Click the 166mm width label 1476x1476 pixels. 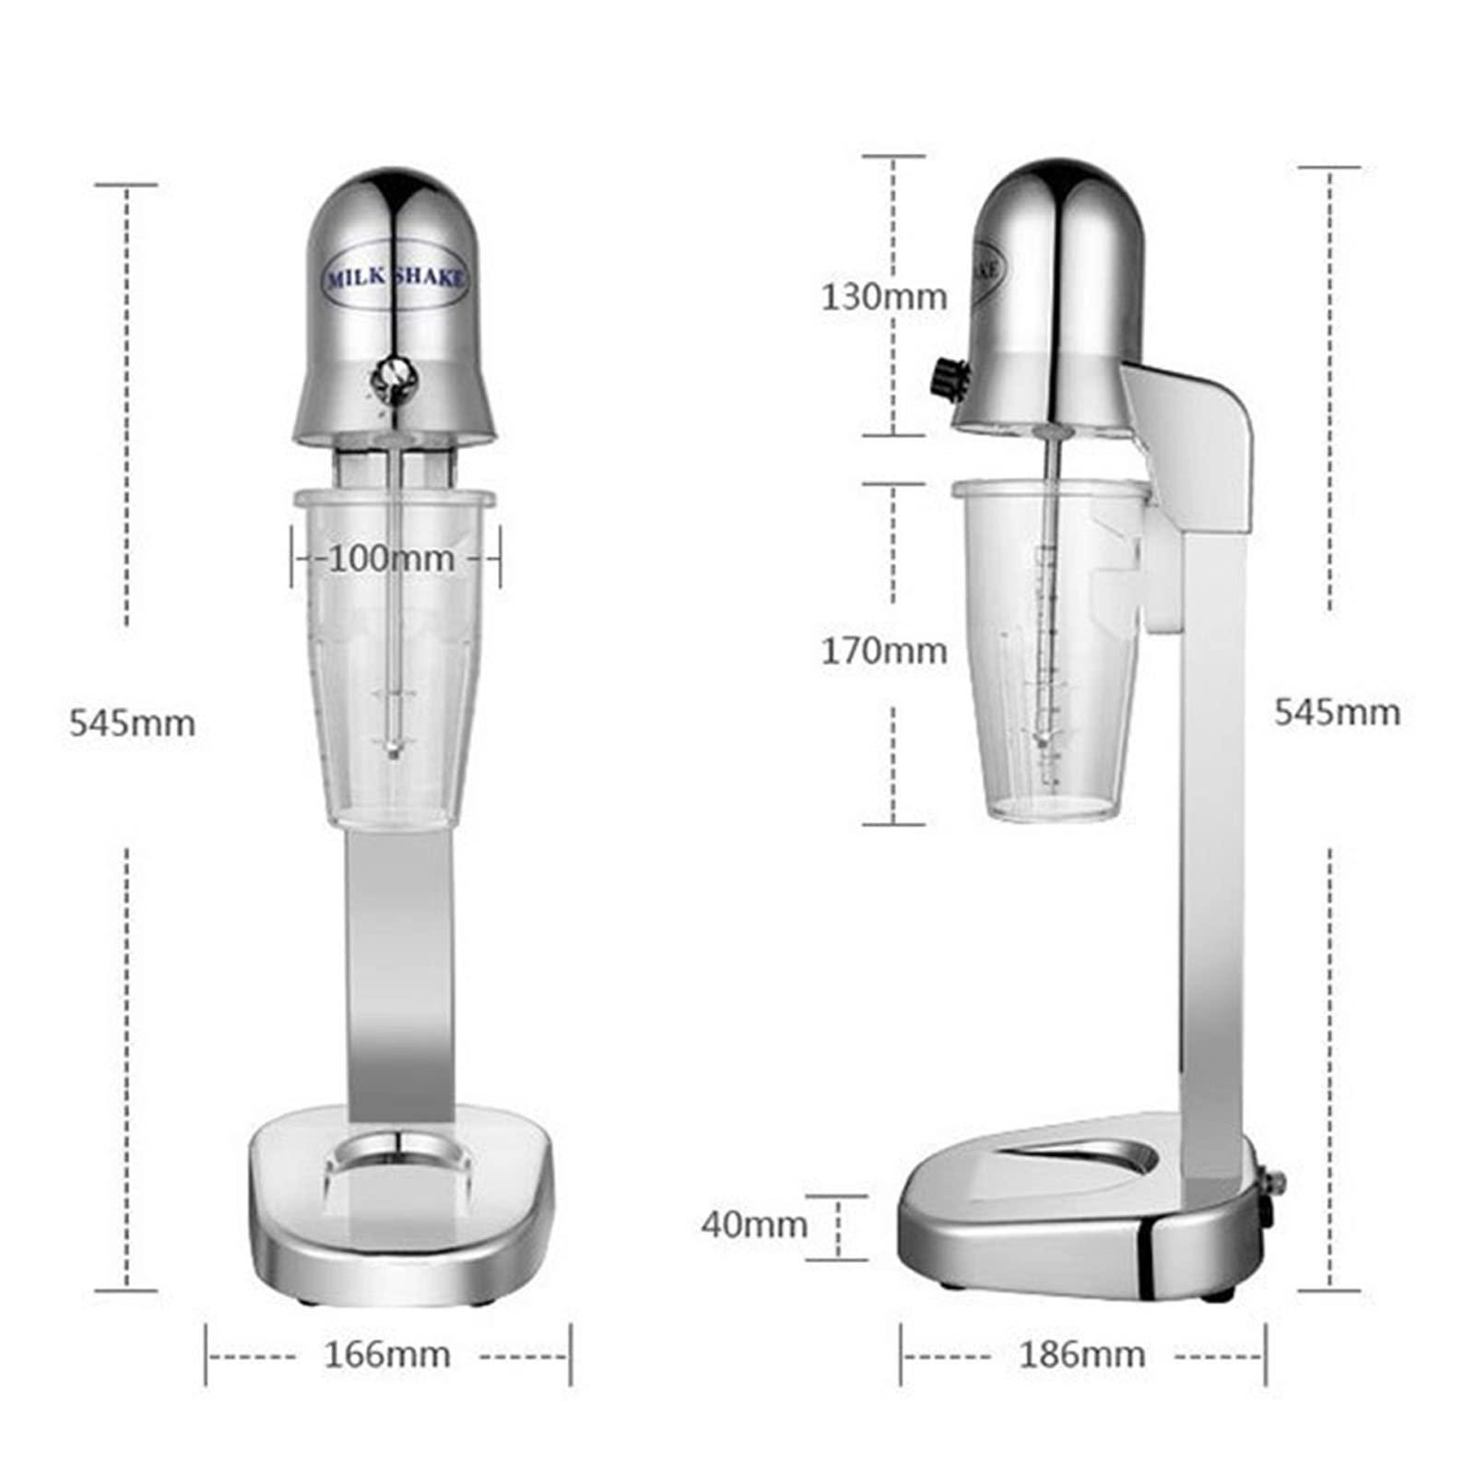(387, 1354)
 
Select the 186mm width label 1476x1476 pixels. (1081, 1354)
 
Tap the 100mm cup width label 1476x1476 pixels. (392, 559)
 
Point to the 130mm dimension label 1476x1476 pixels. (883, 297)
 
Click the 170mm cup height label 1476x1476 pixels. (883, 651)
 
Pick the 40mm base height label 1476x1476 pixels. (753, 1224)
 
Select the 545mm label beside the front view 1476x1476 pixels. (132, 723)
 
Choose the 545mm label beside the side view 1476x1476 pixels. (1337, 712)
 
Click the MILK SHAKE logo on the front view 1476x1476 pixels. (395, 277)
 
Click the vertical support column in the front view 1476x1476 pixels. (401, 968)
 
